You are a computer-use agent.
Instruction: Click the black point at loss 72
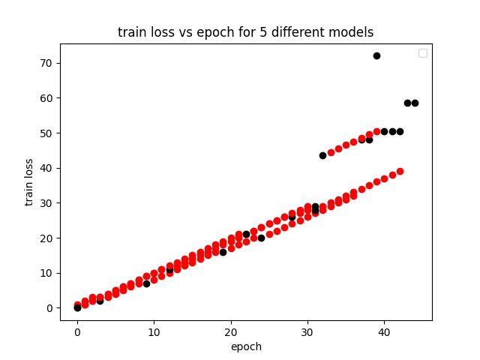click(376, 55)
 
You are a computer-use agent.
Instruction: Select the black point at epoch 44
click(415, 103)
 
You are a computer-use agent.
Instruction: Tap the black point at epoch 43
click(407, 103)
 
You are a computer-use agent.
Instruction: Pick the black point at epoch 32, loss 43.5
click(322, 155)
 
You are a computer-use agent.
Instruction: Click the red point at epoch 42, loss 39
click(400, 171)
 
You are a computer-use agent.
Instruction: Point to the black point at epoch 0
click(77, 307)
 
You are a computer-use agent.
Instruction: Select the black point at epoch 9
click(146, 283)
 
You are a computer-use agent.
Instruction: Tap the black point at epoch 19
click(223, 252)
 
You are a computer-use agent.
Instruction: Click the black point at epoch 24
click(261, 238)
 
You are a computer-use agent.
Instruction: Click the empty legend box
click(423, 53)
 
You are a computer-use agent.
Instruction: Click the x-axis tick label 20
click(230, 333)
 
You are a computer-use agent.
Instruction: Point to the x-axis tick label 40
click(384, 333)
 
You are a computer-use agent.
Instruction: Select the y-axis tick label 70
click(46, 63)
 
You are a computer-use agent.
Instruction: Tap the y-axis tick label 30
click(46, 203)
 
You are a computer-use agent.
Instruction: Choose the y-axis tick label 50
click(46, 133)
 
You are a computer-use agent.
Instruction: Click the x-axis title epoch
click(246, 346)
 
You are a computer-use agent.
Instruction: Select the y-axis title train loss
click(29, 182)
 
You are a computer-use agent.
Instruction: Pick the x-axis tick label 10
click(154, 333)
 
